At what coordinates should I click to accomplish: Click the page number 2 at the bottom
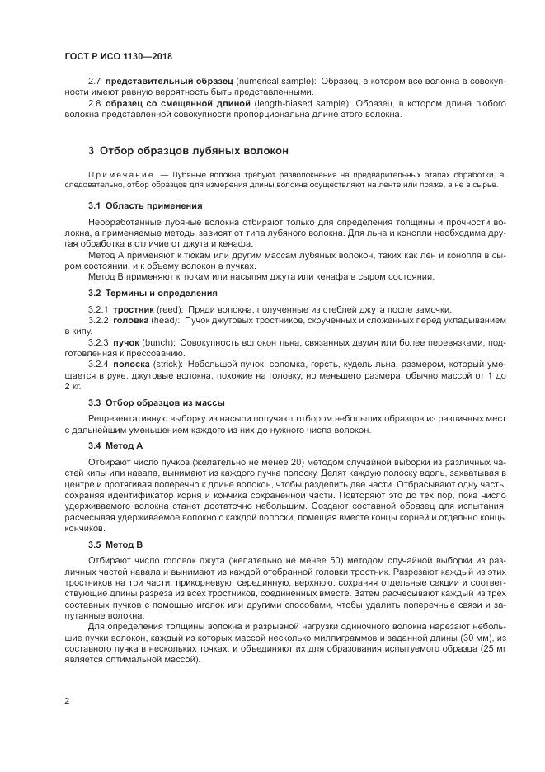click(x=66, y=701)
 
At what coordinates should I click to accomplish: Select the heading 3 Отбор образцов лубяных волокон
click(x=188, y=151)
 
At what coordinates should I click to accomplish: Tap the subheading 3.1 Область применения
click(x=144, y=205)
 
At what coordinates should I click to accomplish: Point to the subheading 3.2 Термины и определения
click(x=153, y=292)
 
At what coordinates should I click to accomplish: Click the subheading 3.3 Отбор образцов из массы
click(x=155, y=402)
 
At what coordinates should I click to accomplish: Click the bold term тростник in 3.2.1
click(x=130, y=308)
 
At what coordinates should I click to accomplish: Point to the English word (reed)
click(x=165, y=308)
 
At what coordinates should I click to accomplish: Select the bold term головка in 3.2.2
click(x=130, y=318)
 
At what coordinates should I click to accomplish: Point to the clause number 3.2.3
click(x=98, y=339)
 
